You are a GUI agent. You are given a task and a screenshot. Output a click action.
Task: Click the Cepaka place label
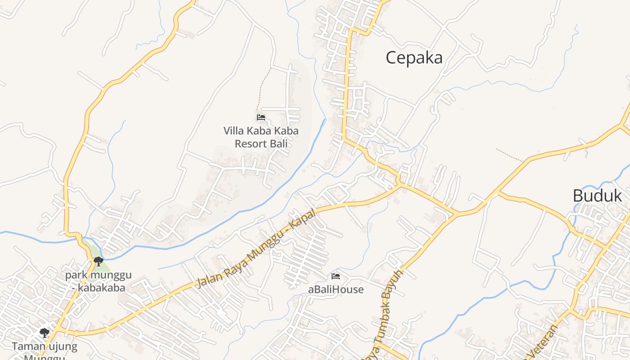point(414,58)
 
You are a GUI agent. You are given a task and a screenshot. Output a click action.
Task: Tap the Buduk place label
point(597,196)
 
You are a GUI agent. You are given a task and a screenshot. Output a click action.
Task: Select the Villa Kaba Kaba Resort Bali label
point(261,137)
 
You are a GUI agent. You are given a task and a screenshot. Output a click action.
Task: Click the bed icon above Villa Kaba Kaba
point(261,118)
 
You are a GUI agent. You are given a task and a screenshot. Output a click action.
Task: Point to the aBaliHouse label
point(336,289)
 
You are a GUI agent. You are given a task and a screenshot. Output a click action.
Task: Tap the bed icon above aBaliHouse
point(336,276)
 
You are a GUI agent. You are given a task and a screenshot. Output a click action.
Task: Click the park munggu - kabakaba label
point(98,281)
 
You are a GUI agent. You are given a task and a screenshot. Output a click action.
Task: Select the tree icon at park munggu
point(98,261)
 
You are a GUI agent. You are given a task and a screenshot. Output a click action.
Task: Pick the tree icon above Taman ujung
point(44,333)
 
